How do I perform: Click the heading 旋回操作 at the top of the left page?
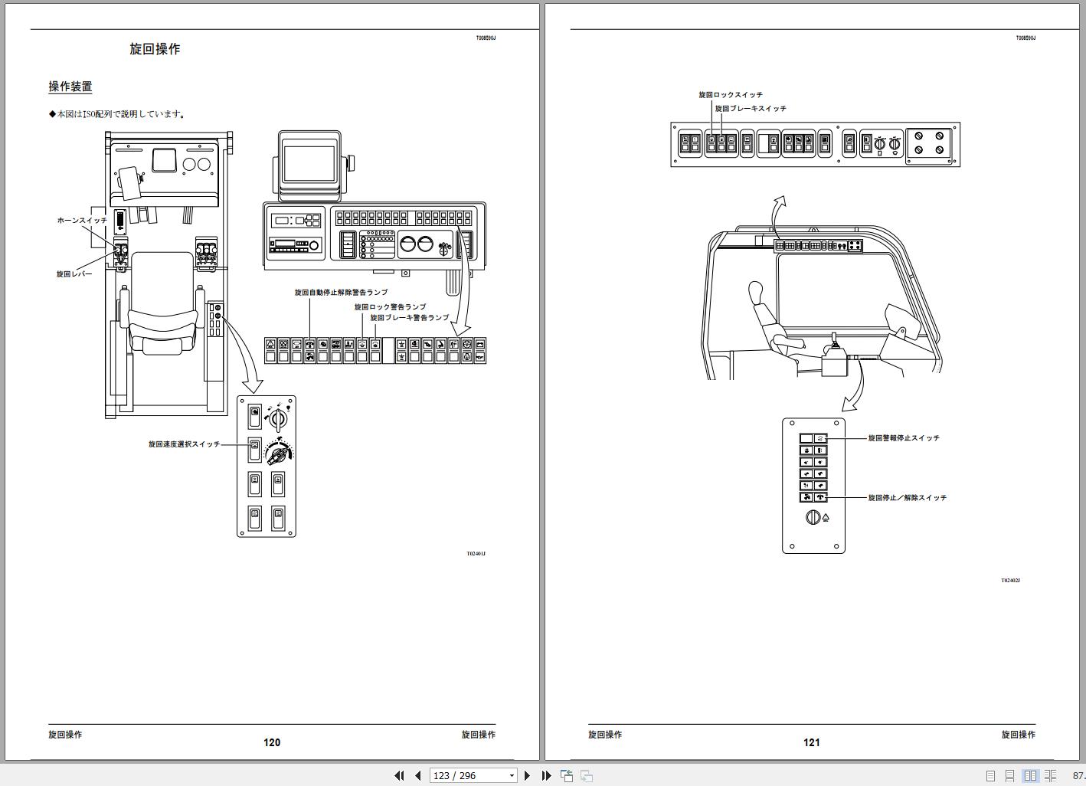pyautogui.click(x=155, y=49)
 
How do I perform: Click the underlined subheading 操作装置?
pyautogui.click(x=70, y=87)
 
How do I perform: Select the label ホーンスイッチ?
pyautogui.click(x=82, y=220)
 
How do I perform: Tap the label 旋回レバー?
pyautogui.click(x=74, y=274)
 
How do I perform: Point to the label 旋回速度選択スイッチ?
pyautogui.click(x=185, y=444)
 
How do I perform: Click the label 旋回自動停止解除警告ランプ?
pyautogui.click(x=342, y=293)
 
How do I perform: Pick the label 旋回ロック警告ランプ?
pyautogui.click(x=391, y=307)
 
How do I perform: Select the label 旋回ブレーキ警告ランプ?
pyautogui.click(x=410, y=318)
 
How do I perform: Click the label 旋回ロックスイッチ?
pyautogui.click(x=731, y=94)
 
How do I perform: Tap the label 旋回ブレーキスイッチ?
pyautogui.click(x=751, y=109)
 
